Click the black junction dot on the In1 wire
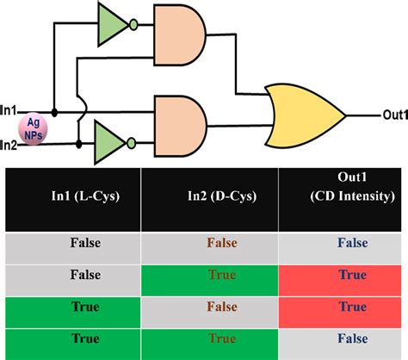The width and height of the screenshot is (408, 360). [56, 112]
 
